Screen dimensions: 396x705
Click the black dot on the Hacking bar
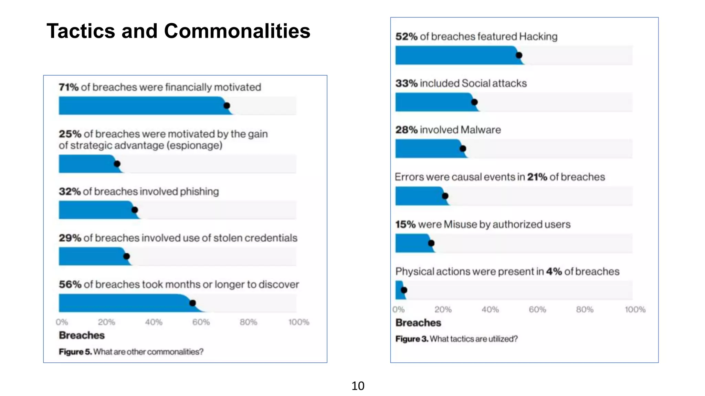[x=519, y=55]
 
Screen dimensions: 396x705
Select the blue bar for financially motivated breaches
[x=141, y=106]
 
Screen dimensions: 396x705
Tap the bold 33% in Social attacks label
[x=406, y=84]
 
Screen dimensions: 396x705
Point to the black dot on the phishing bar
[x=135, y=210]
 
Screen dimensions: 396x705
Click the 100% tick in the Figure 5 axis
[x=298, y=322]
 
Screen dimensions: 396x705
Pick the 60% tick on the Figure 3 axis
[x=537, y=310]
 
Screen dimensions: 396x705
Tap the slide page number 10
[x=358, y=386]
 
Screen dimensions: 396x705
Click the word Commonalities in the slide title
[x=237, y=31]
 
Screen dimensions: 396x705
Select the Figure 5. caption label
[x=75, y=352]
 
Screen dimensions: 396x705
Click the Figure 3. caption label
[x=412, y=339]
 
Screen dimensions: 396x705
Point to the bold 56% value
[x=70, y=285]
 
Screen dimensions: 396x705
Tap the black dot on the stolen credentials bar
[x=126, y=256]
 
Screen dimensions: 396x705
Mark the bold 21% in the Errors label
[x=537, y=177]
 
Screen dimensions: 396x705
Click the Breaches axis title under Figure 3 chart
[x=418, y=323]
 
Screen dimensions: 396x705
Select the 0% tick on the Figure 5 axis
[x=62, y=322]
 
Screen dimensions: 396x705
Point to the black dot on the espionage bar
[x=117, y=164]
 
